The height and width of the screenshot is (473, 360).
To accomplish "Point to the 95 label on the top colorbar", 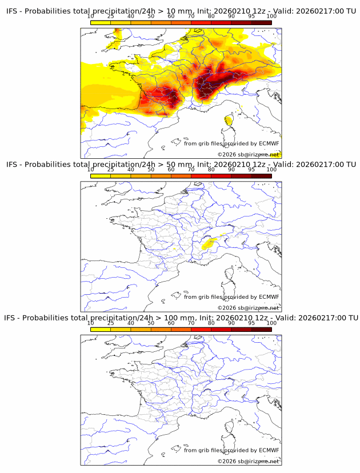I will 251,16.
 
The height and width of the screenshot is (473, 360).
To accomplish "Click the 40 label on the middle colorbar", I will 131,170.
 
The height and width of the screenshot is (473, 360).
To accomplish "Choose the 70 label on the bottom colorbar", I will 191,323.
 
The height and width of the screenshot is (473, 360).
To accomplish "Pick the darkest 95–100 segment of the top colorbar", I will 261,22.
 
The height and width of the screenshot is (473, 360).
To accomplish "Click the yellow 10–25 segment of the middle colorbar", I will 101,176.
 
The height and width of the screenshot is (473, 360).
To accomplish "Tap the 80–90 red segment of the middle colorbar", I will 221,176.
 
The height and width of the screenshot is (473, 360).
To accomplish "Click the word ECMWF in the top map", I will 269,143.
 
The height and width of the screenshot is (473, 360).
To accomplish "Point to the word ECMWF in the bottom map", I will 269,450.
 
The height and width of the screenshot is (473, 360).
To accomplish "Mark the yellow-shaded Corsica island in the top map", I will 229,120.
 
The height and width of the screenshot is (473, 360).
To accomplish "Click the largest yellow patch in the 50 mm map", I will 209,244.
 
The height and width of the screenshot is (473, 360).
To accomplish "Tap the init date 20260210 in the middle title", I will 235,165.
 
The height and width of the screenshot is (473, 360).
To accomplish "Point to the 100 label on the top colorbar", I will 271,16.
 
